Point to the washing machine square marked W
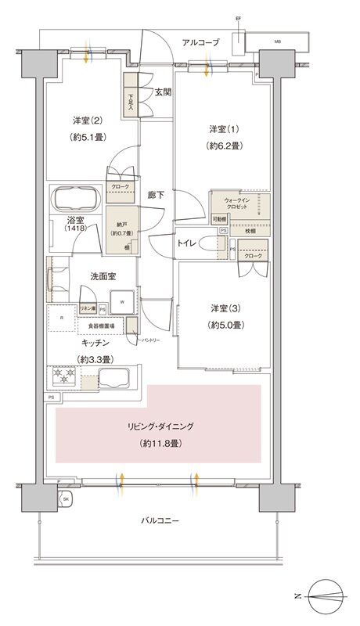(124, 300)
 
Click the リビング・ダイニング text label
(161, 427)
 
